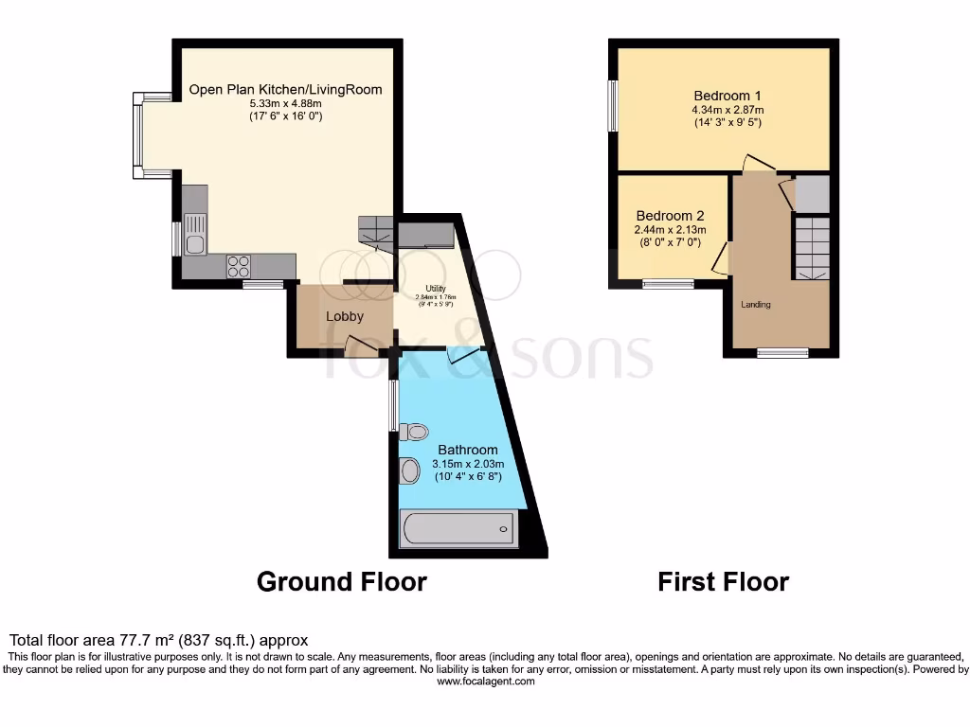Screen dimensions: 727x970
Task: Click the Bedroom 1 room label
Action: tap(727, 96)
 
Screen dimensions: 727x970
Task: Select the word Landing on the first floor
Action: tap(756, 305)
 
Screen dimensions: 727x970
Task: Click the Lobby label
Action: tap(345, 316)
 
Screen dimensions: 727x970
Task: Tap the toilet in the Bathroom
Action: tap(414, 432)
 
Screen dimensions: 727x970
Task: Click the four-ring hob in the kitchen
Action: tap(239, 267)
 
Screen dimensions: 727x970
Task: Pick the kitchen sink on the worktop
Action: tap(194, 236)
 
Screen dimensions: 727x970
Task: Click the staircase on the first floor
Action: tap(812, 246)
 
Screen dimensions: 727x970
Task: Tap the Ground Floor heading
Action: tap(341, 581)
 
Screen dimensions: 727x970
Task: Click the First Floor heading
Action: tap(723, 581)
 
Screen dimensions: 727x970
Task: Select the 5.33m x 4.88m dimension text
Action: tap(285, 103)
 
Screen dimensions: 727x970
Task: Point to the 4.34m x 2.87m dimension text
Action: tap(727, 109)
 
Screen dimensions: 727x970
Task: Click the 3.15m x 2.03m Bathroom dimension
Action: tap(468, 464)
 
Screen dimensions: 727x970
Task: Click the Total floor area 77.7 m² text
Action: tap(158, 641)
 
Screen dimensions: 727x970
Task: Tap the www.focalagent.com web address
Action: tap(484, 681)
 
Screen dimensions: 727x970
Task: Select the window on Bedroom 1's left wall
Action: tap(612, 106)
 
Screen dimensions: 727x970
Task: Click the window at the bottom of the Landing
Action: tap(782, 353)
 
